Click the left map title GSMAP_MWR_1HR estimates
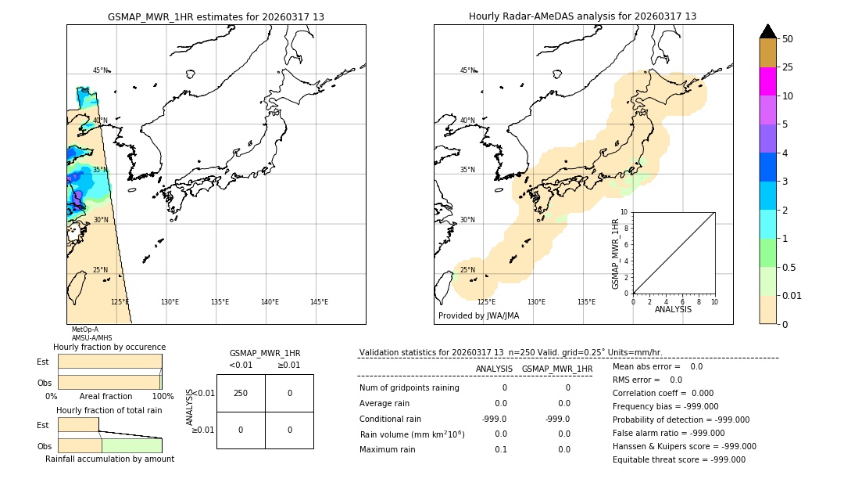216,16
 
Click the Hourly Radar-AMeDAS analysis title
582,16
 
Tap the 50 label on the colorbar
789,39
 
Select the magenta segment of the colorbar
767,81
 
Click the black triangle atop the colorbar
767,31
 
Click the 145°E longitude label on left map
319,302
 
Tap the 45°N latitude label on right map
467,70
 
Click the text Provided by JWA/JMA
478,316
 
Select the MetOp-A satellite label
85,330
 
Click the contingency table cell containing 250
241,393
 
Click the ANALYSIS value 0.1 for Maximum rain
500,449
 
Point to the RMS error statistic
647,380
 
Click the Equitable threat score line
678,459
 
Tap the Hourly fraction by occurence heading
109,347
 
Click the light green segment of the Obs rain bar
131,445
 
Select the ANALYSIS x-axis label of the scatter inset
673,309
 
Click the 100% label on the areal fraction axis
163,396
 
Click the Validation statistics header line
510,352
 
